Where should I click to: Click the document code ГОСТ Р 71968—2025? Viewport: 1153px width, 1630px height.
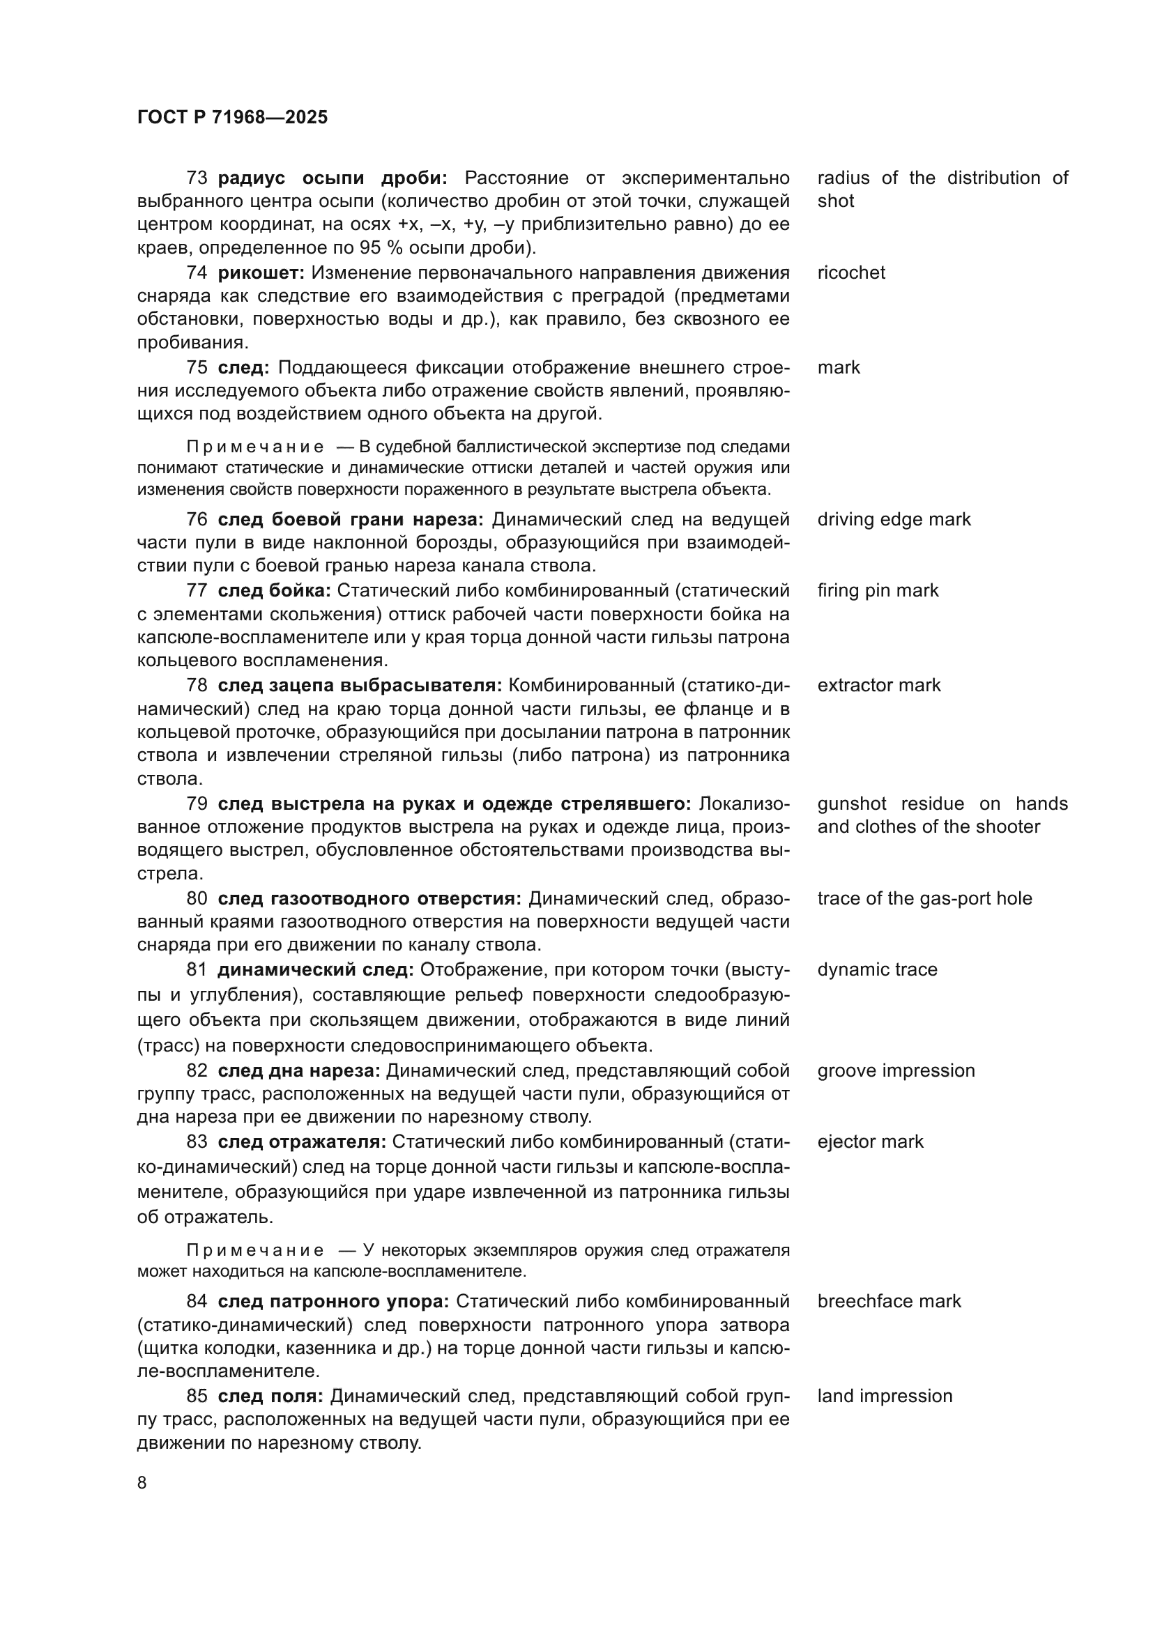(232, 117)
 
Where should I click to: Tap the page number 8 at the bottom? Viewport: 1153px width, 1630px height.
(142, 1482)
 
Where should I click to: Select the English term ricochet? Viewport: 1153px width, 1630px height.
(850, 272)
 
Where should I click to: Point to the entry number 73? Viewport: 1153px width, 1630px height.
(197, 178)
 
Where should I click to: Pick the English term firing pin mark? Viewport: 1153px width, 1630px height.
(878, 590)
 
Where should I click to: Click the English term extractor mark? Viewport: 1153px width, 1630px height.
(878, 685)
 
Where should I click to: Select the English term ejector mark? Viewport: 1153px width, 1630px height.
(870, 1141)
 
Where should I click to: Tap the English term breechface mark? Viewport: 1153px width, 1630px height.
(888, 1300)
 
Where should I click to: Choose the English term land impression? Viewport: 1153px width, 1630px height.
(885, 1396)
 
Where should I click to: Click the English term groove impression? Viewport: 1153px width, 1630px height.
(895, 1070)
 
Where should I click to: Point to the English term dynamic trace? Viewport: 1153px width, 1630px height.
(877, 969)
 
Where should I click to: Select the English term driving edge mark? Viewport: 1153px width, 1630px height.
(893, 519)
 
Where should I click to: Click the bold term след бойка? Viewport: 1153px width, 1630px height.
(274, 590)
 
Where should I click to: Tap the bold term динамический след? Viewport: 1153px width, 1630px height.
(315, 969)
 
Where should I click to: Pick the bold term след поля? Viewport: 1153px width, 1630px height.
(270, 1396)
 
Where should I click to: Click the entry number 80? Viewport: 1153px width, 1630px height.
(197, 898)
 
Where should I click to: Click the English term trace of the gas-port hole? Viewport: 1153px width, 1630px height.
(924, 898)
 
